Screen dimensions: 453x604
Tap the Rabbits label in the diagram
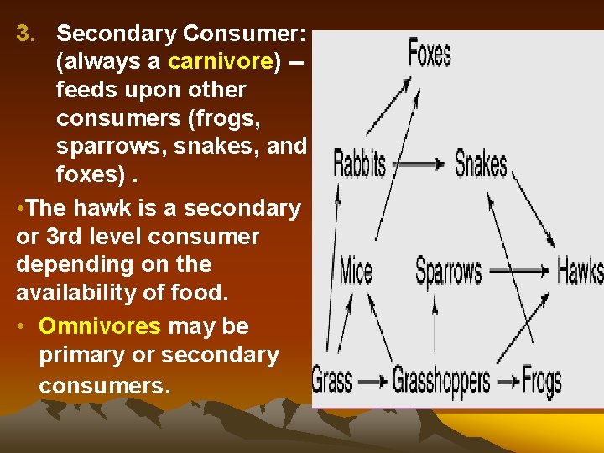click(359, 163)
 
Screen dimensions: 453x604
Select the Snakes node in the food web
click(481, 163)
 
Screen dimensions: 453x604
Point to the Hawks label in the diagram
click(580, 271)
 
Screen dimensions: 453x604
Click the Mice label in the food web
click(355, 271)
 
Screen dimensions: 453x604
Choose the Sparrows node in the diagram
click(449, 271)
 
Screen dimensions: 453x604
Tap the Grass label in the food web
click(332, 380)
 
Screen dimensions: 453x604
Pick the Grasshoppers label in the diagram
click(440, 381)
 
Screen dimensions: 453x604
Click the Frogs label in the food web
click(541, 381)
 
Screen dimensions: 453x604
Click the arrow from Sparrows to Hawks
click(519, 272)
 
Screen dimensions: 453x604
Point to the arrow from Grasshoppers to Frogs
click(506, 381)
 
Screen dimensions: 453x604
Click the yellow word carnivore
click(221, 61)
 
